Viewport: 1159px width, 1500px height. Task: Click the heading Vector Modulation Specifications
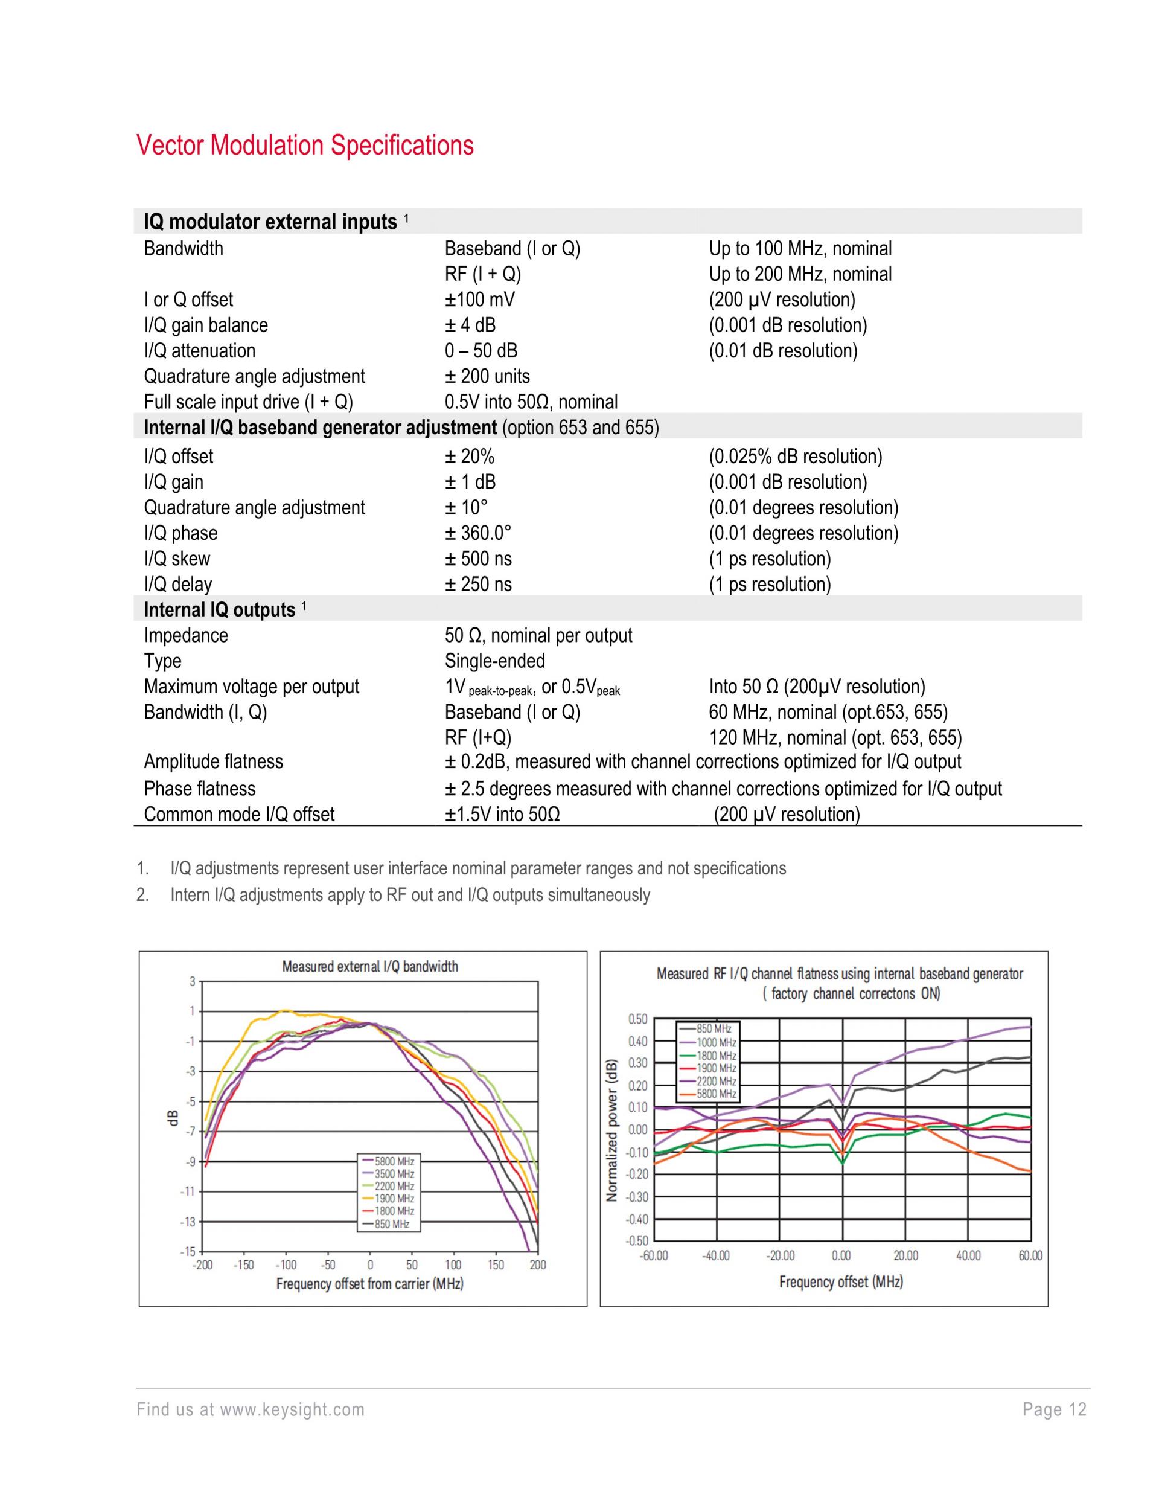pyautogui.click(x=305, y=146)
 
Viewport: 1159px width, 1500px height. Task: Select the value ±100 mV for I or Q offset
pyautogui.click(x=479, y=300)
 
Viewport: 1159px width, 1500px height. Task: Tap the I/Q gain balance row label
pyautogui.click(x=205, y=325)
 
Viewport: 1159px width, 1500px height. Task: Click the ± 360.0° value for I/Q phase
pyautogui.click(x=478, y=533)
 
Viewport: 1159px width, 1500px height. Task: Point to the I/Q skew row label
pyautogui.click(x=176, y=559)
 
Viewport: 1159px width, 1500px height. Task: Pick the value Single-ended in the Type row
pyautogui.click(x=494, y=661)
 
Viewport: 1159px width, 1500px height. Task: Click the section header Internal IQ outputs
pyautogui.click(x=219, y=609)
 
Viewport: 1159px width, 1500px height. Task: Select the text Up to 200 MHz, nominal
pyautogui.click(x=800, y=274)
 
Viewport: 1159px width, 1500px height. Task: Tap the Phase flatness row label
pyautogui.click(x=199, y=789)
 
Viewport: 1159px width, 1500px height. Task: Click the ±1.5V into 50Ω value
pyautogui.click(x=502, y=815)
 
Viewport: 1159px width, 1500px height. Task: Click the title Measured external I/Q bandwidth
pyautogui.click(x=369, y=966)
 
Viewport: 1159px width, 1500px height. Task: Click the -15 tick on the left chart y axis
pyautogui.click(x=188, y=1251)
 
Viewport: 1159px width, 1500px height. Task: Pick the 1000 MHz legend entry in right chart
pyautogui.click(x=716, y=1043)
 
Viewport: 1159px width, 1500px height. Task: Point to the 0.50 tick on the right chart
pyautogui.click(x=637, y=1019)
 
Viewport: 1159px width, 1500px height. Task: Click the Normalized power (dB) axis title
pyautogui.click(x=611, y=1130)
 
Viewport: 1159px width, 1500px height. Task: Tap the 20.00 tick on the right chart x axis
pyautogui.click(x=905, y=1255)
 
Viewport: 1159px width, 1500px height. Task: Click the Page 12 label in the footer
pyautogui.click(x=1054, y=1409)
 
